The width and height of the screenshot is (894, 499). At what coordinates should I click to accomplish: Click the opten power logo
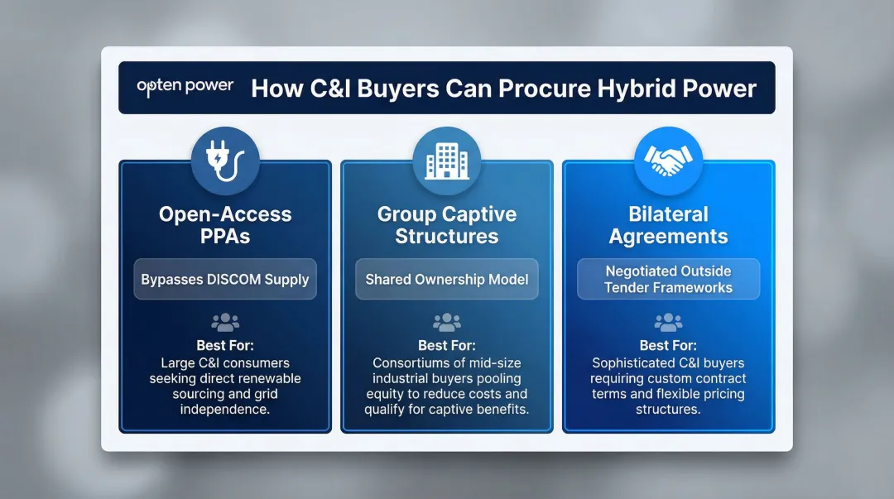[185, 87]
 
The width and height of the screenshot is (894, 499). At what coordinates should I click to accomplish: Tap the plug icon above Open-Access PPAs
[225, 160]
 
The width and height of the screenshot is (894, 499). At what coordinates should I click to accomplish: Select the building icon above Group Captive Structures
[446, 160]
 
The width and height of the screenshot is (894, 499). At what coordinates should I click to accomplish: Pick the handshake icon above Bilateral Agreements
[668, 160]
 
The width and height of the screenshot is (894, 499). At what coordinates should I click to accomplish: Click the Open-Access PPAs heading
[225, 225]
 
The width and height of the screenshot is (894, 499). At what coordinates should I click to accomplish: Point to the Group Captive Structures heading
[446, 225]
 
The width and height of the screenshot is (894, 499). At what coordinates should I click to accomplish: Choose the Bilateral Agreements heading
[668, 225]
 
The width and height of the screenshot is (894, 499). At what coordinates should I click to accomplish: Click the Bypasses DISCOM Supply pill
[225, 280]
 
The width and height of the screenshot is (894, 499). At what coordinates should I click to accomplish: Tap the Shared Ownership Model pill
[446, 280]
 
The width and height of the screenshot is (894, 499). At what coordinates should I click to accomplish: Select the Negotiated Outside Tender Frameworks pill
[668, 280]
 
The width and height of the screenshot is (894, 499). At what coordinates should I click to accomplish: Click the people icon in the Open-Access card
[225, 323]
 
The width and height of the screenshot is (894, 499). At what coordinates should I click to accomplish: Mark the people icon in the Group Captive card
[446, 323]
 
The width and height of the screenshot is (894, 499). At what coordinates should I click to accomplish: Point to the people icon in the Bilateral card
[668, 323]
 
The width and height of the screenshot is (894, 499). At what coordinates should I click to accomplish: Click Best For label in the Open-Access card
[225, 346]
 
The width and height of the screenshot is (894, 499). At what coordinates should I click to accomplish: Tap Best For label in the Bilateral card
[668, 346]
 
